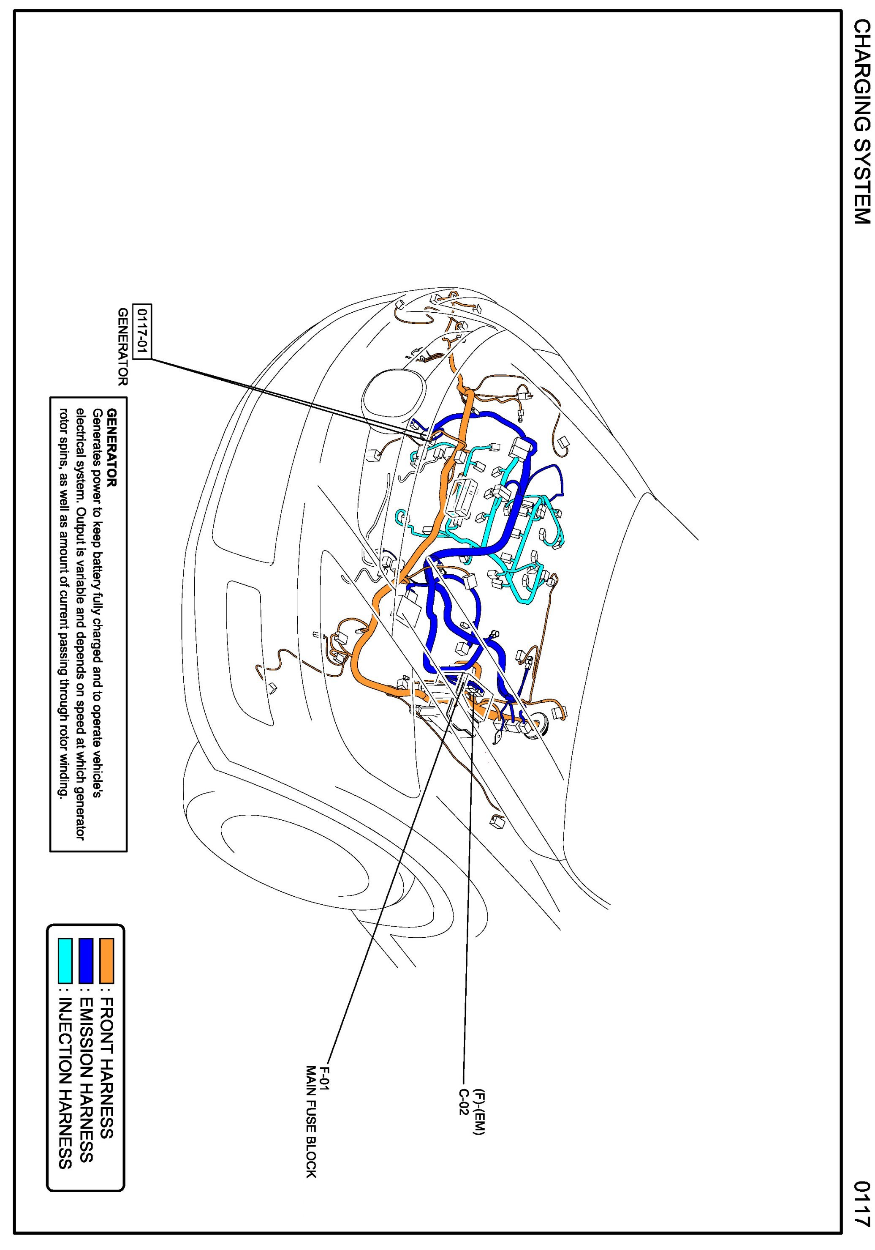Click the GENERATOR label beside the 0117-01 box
tap(124, 347)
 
